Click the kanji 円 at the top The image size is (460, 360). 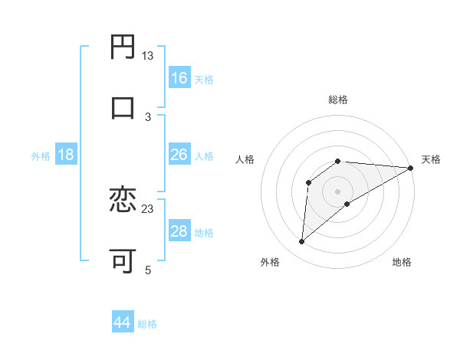tap(123, 47)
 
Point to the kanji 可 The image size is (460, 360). tap(123, 260)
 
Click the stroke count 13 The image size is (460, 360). tap(148, 56)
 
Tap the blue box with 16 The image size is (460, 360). tap(179, 78)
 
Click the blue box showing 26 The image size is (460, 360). tap(179, 155)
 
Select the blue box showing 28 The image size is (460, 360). tap(179, 231)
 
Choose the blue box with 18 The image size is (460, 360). tap(66, 155)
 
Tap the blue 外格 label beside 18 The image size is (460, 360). tap(41, 156)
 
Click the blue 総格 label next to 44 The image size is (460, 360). tap(148, 324)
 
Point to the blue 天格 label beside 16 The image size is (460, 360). tap(204, 80)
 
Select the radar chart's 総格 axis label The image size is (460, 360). tap(338, 100)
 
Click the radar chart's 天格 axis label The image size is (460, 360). tap(432, 159)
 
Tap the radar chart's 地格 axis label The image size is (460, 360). tap(402, 262)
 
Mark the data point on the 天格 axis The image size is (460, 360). tap(411, 168)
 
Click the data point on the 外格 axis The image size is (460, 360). tap(302, 242)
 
